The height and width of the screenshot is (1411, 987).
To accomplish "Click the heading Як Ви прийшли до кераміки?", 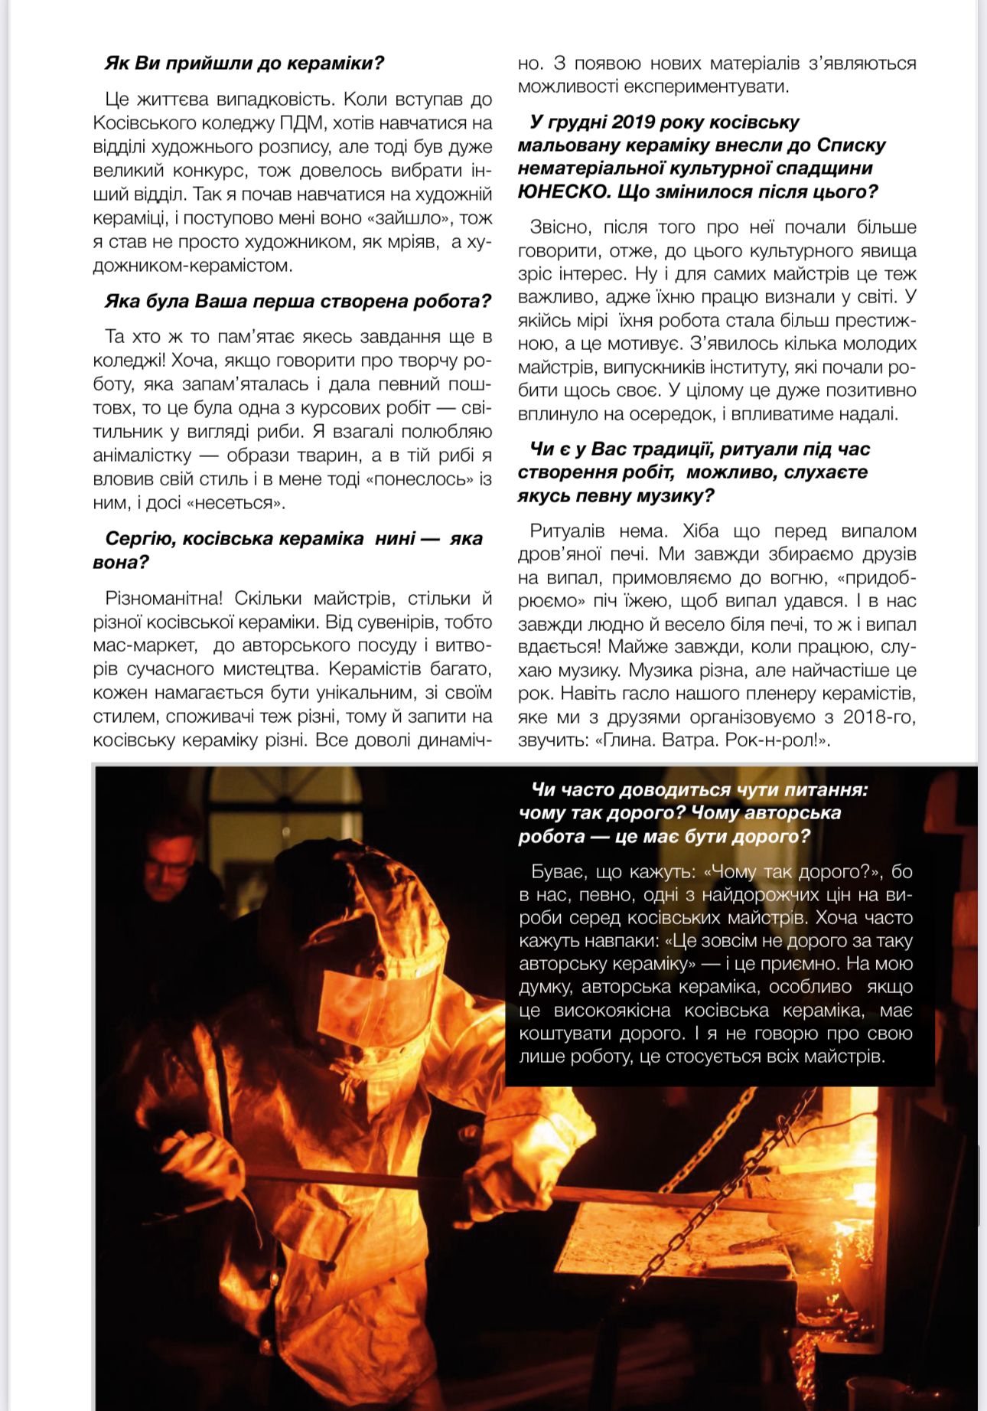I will [x=244, y=64].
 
